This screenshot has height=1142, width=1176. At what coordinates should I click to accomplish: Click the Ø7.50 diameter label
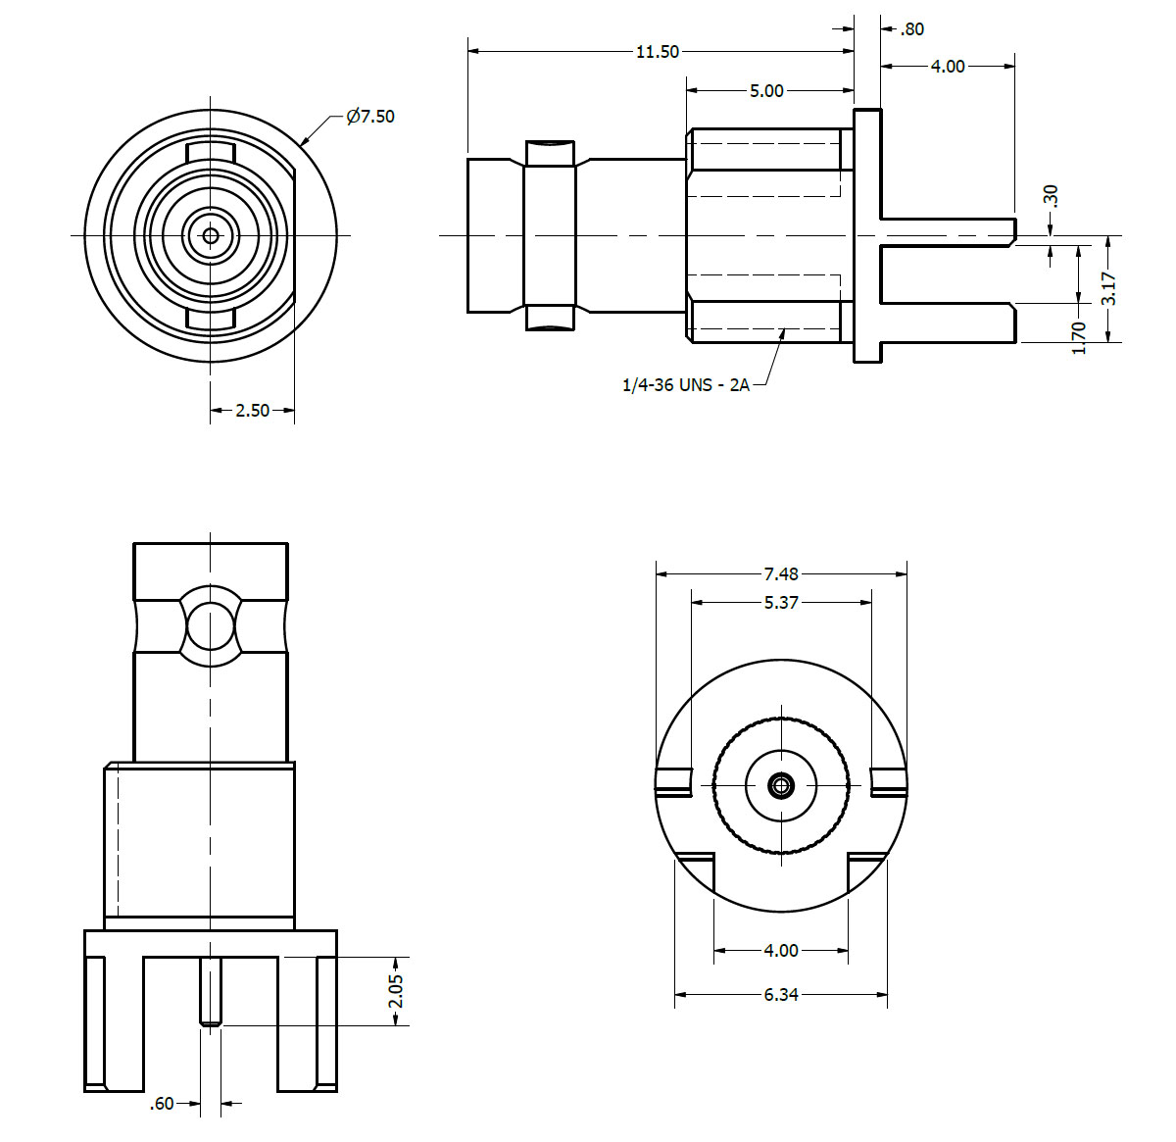[x=370, y=117]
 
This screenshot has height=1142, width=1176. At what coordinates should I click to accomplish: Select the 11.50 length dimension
[x=657, y=52]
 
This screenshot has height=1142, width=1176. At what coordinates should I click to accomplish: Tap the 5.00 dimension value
[x=766, y=91]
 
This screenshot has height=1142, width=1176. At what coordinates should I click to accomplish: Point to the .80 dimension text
[x=911, y=29]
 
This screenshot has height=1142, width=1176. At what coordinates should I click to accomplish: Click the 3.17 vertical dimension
[x=1108, y=289]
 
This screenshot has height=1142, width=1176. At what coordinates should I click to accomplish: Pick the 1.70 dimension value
[x=1079, y=337]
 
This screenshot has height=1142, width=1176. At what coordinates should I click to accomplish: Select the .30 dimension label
[x=1052, y=196]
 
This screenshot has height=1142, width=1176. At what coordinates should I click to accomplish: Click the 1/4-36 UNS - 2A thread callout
[x=685, y=385]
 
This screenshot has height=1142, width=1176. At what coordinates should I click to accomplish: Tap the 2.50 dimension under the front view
[x=252, y=411]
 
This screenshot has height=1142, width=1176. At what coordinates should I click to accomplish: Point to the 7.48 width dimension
[x=781, y=574]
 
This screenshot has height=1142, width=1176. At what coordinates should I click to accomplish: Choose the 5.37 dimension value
[x=781, y=603]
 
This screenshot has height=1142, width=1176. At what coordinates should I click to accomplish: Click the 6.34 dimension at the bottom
[x=781, y=995]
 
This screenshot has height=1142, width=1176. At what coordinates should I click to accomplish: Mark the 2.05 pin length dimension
[x=395, y=991]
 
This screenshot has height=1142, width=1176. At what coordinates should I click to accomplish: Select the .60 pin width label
[x=162, y=1104]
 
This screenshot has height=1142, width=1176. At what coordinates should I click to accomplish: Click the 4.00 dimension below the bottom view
[x=781, y=950]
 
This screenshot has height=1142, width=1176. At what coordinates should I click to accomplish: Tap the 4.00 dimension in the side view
[x=948, y=67]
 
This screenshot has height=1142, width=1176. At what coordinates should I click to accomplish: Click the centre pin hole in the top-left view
[x=210, y=235]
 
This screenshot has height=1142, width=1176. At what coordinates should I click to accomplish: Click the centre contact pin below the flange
[x=211, y=991]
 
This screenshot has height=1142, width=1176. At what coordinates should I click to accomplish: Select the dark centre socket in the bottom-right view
[x=781, y=785]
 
